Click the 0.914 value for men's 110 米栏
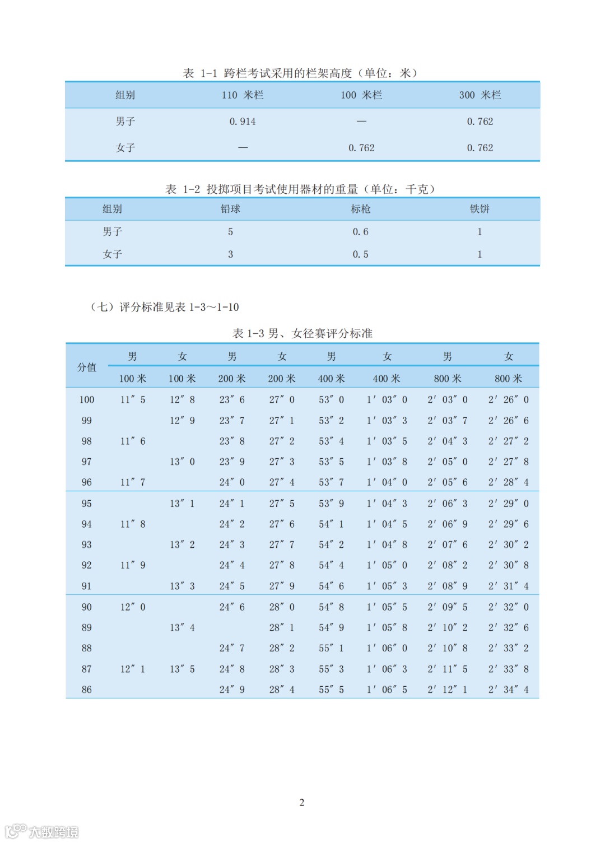click(x=243, y=122)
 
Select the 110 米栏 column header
click(x=243, y=95)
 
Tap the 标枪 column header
click(x=361, y=209)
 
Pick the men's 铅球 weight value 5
click(x=230, y=232)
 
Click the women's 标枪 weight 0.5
click(x=361, y=254)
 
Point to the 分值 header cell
click(x=87, y=367)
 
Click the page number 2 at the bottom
click(x=302, y=802)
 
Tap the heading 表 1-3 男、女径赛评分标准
click(x=302, y=333)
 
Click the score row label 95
click(x=87, y=504)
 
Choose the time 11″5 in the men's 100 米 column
click(x=133, y=400)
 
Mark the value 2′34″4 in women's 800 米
click(x=508, y=690)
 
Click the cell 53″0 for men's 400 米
click(x=331, y=400)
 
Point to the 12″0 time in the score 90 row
click(x=133, y=607)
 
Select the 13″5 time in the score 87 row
click(x=182, y=669)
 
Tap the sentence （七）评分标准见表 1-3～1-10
click(x=165, y=307)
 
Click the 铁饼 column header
click(x=480, y=209)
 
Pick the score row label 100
click(x=87, y=400)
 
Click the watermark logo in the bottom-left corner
click(x=42, y=831)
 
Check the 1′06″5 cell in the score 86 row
click(x=387, y=690)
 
